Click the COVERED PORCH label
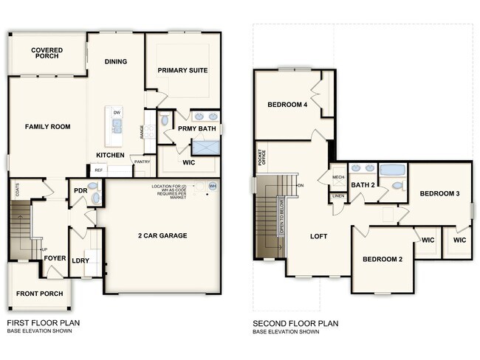click(47, 54)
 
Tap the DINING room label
click(116, 62)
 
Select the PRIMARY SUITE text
click(182, 71)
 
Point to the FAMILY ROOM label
click(47, 127)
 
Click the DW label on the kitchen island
click(117, 112)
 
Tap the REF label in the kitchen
click(99, 170)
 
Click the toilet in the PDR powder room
click(93, 187)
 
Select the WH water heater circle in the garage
click(213, 186)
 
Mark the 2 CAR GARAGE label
click(162, 236)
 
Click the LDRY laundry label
click(80, 260)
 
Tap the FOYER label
click(55, 258)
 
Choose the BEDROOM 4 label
click(287, 105)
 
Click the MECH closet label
click(338, 177)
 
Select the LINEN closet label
click(338, 196)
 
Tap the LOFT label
click(318, 237)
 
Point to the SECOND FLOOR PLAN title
click(295, 323)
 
